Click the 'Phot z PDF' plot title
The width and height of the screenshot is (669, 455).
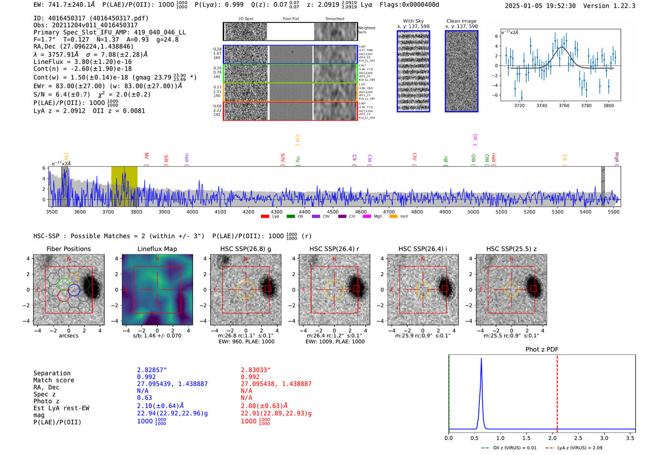[x=541, y=349]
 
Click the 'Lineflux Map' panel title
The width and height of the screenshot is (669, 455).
[x=157, y=249]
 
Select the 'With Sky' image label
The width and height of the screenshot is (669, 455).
[x=413, y=21]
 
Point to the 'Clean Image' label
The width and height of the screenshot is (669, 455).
[x=461, y=21]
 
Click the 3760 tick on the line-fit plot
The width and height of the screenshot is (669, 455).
[x=564, y=106]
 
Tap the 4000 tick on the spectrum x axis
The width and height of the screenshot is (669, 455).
[x=192, y=212]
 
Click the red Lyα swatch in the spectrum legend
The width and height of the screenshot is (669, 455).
[x=265, y=217]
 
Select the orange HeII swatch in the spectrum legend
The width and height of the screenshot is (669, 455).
[x=393, y=217]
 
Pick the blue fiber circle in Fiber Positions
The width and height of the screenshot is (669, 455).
[x=74, y=289]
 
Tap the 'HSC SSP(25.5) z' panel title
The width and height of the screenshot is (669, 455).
[x=511, y=249]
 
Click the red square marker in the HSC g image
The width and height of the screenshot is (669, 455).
[x=268, y=289]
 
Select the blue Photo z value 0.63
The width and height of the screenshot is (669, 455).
[x=144, y=398]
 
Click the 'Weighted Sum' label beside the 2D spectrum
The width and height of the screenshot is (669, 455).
[x=366, y=30]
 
